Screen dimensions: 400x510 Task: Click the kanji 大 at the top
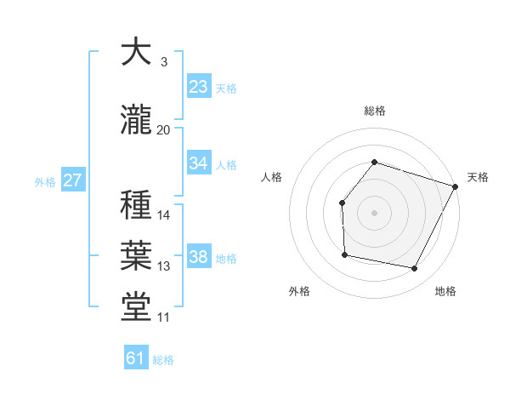136,53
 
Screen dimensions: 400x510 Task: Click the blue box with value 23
198,87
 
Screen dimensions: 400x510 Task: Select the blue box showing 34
198,164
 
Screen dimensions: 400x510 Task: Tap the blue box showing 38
198,257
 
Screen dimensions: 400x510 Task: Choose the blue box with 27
72,180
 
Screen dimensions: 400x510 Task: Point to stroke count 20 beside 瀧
164,130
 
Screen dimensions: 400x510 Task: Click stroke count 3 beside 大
164,62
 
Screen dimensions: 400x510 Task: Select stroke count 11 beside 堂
164,318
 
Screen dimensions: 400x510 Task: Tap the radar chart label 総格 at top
374,111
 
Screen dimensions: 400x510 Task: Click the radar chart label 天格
478,177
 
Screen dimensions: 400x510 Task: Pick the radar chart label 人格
272,177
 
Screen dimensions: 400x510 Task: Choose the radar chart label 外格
299,291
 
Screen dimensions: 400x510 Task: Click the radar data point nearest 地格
415,268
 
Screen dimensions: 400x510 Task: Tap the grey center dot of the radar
374,212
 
